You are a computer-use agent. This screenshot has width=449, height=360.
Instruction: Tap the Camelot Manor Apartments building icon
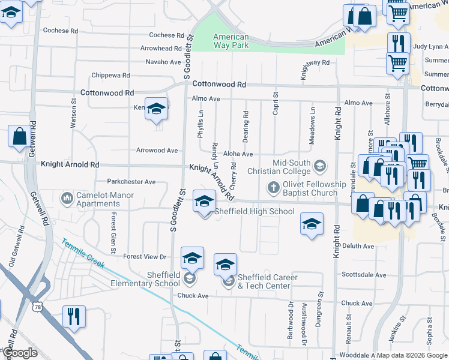(67, 197)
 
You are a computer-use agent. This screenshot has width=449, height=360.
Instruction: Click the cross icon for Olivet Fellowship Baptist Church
(273, 188)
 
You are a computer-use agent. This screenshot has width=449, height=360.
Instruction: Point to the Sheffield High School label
(255, 211)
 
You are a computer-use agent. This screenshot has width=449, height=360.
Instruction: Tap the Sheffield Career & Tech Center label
(264, 281)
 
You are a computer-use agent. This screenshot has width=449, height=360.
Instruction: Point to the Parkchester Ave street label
(131, 182)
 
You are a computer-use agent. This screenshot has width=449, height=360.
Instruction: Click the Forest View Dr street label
(145, 257)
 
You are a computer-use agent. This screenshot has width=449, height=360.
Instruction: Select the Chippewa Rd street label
(110, 76)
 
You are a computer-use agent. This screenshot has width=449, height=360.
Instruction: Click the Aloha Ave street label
(238, 154)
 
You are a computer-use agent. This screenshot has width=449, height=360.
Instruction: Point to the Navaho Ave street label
(163, 62)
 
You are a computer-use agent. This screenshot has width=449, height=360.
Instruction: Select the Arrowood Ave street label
(157, 151)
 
